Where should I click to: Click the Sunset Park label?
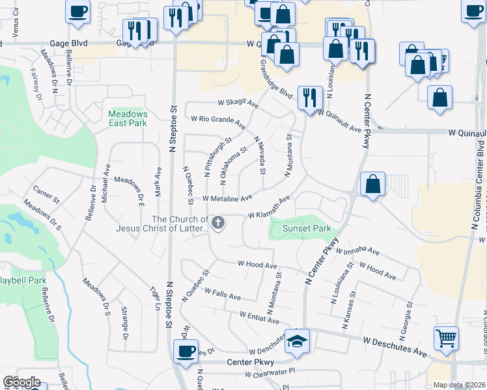pyautogui.click(x=307, y=228)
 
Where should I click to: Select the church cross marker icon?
pyautogui.click(x=218, y=224)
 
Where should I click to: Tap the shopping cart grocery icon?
pyautogui.click(x=446, y=338)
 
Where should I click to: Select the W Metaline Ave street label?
pyautogui.click(x=227, y=198)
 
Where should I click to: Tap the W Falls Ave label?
pyautogui.click(x=222, y=294)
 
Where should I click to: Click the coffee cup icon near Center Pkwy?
pyautogui.click(x=186, y=352)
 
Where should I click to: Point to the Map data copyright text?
pyautogui.click(x=460, y=385)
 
